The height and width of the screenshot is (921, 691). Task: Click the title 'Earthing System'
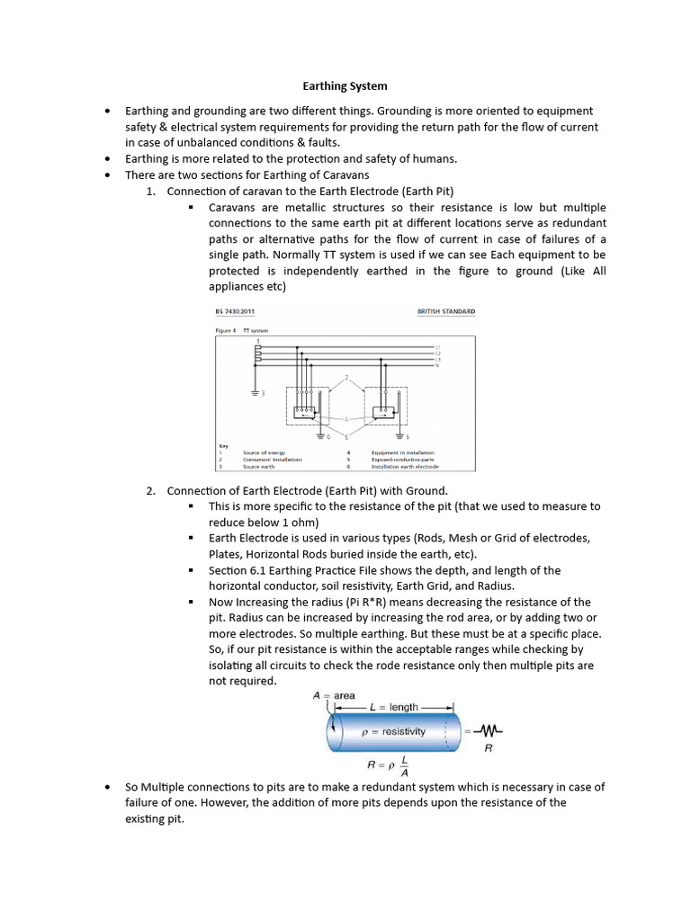pos(344,86)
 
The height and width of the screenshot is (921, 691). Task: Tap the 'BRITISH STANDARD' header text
pos(446,312)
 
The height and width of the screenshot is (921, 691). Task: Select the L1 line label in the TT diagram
pos(437,346)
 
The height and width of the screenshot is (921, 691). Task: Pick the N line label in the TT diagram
pos(437,365)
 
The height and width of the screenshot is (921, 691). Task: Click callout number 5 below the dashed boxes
pos(345,434)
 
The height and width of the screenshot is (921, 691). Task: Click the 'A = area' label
pos(334,695)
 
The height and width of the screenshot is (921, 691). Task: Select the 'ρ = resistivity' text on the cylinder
pos(393,732)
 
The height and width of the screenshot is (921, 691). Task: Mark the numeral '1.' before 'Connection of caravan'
pos(151,192)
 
